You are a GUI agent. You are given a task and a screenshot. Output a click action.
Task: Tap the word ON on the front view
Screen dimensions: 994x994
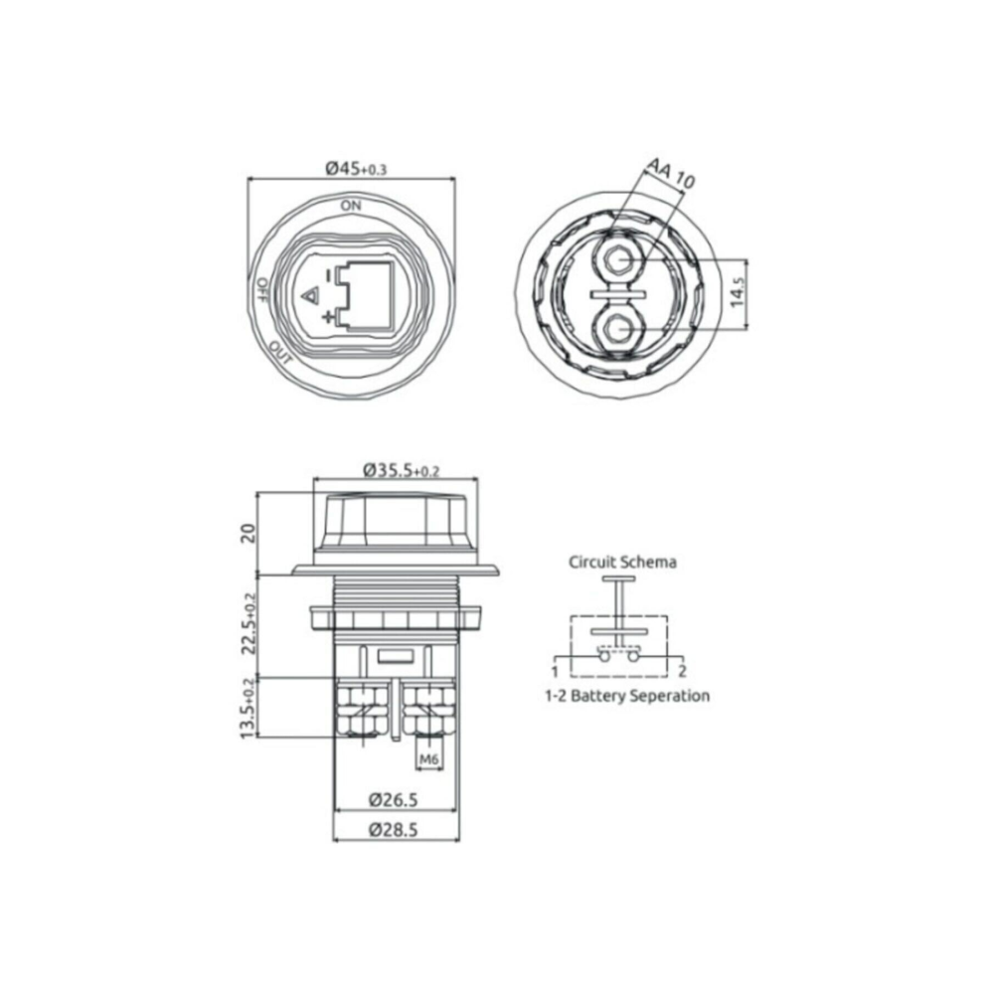coord(351,205)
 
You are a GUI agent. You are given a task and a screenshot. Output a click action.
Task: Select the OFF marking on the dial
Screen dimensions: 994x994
coord(261,287)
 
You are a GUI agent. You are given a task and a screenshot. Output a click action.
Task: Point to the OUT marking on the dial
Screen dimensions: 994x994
coord(280,351)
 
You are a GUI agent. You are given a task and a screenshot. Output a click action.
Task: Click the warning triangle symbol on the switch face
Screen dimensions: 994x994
coord(309,295)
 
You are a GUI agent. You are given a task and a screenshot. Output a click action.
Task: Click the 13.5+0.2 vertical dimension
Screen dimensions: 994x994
coord(248,708)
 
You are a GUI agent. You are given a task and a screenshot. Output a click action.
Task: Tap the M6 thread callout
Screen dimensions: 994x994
coord(428,760)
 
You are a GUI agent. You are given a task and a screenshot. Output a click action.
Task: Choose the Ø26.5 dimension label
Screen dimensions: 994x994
coord(394,798)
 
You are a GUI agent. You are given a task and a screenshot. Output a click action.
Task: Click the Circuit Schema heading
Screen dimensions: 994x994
coord(622,562)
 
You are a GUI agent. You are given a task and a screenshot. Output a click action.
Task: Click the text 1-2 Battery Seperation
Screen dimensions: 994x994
coord(626,696)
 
